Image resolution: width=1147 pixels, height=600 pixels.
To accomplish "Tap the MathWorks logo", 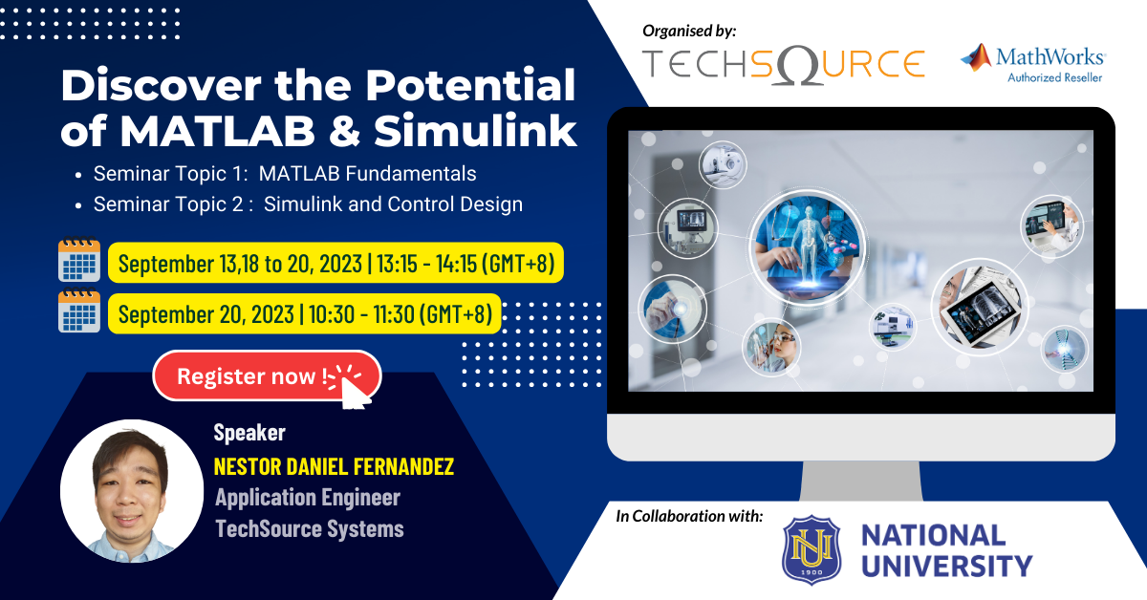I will [x=1033, y=63].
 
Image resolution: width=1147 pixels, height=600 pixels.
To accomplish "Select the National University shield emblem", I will [x=812, y=549].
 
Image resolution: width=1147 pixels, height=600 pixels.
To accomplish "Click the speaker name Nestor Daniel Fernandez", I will [x=334, y=467].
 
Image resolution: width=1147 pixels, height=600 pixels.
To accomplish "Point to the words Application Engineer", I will [x=307, y=498].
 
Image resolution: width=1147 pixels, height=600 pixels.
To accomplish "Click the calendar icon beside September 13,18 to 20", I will [x=79, y=261].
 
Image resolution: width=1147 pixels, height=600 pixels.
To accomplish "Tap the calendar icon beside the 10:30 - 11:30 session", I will [x=79, y=312].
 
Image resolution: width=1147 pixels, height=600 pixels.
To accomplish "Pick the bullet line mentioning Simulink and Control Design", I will [x=307, y=204].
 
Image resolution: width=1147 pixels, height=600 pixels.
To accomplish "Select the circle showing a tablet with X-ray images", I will [x=978, y=306].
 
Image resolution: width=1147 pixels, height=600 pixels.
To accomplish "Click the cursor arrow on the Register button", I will [x=351, y=388].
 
